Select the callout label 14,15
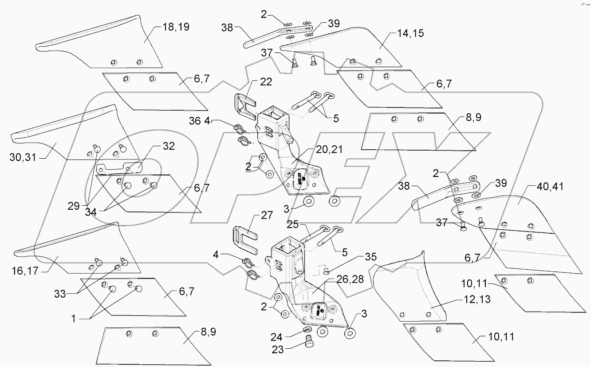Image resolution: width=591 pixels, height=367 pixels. (407, 33)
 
